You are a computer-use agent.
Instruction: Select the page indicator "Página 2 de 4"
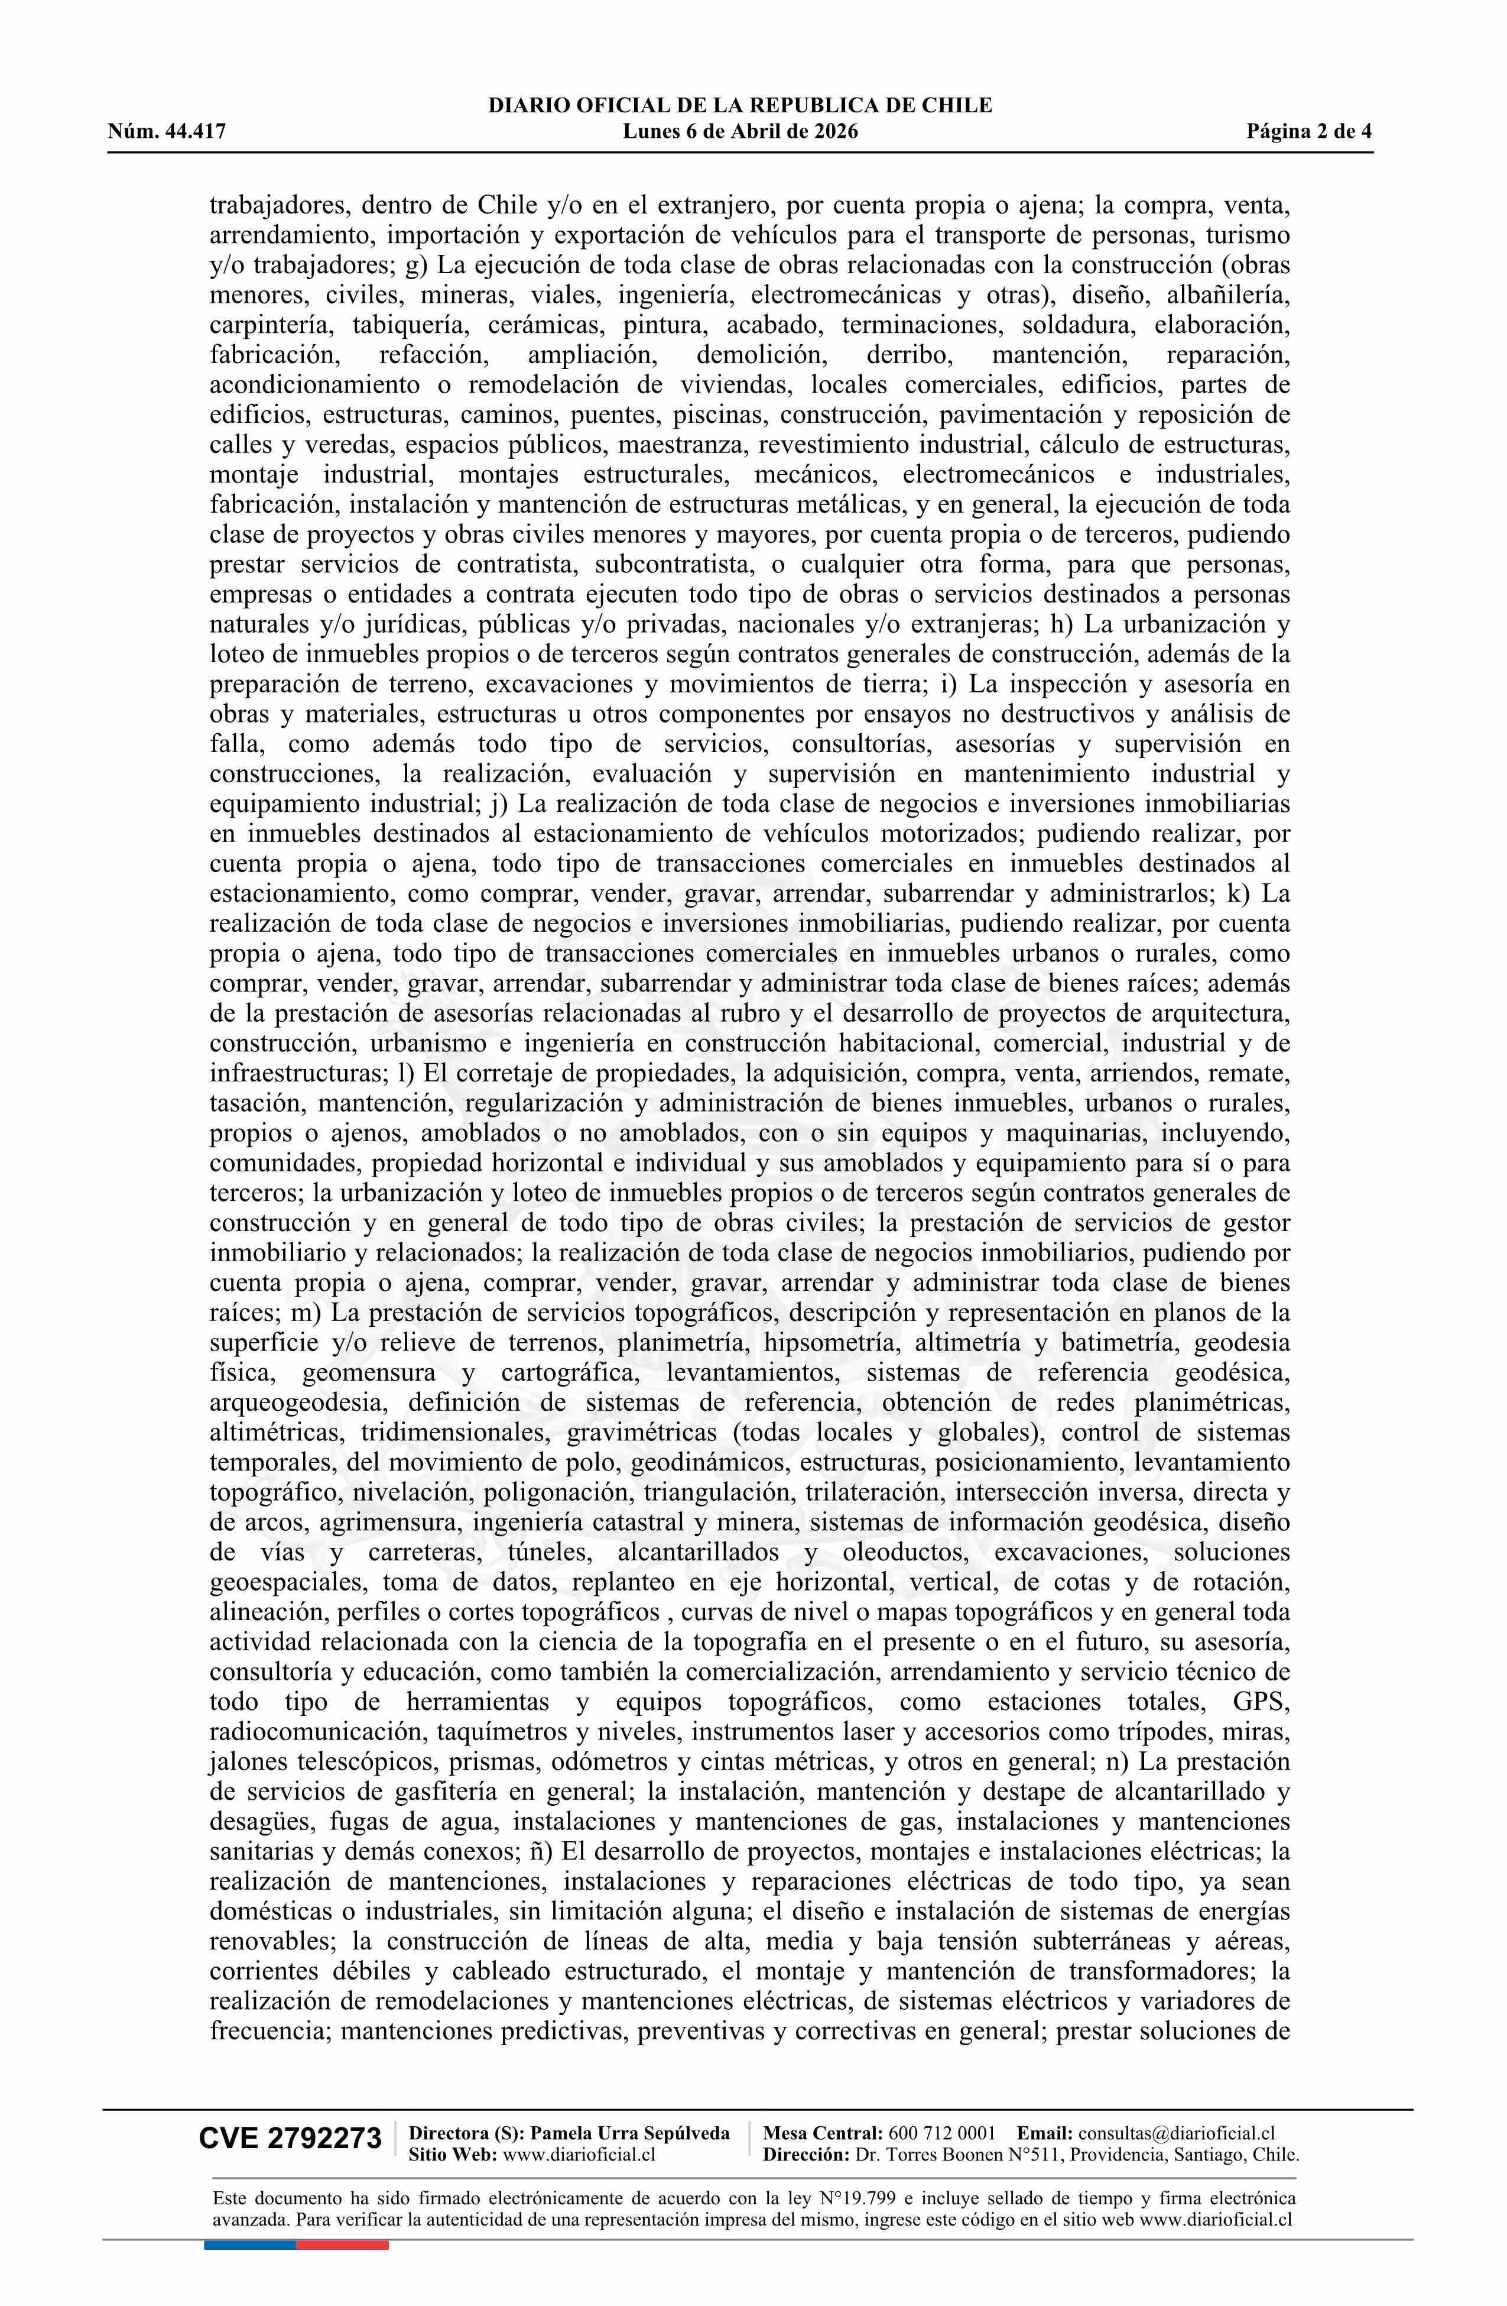pyautogui.click(x=1310, y=132)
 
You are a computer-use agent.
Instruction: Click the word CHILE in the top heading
pyautogui.click(x=959, y=106)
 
